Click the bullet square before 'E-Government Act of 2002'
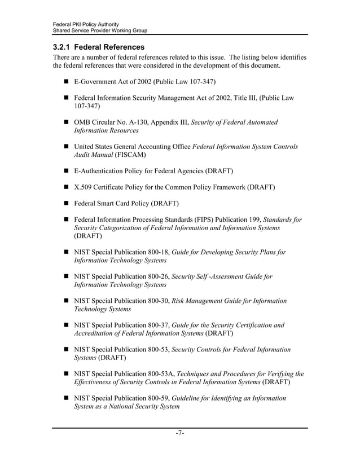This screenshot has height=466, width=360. tap(66, 82)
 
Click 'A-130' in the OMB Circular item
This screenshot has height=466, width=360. tap(137, 122)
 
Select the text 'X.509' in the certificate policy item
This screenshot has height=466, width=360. tap(84, 186)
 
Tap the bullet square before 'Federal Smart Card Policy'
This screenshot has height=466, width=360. tap(66, 203)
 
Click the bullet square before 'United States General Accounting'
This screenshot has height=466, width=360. tap(66, 147)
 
